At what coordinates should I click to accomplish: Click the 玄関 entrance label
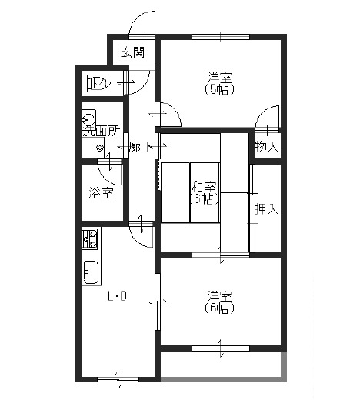click(x=133, y=52)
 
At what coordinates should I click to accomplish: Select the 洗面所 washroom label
click(x=102, y=132)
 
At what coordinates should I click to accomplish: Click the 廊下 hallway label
click(x=142, y=147)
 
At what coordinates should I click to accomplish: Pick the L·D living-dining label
click(x=117, y=296)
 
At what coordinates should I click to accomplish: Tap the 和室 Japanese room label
click(x=204, y=186)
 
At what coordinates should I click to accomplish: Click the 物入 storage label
click(x=267, y=147)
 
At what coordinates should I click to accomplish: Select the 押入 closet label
click(x=267, y=209)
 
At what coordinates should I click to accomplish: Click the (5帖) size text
click(x=219, y=89)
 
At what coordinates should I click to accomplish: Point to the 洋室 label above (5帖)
click(x=219, y=78)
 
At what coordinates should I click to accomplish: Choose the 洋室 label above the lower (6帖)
click(x=219, y=296)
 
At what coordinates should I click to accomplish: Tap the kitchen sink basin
click(x=91, y=272)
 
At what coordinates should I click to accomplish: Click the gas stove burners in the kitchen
click(x=89, y=239)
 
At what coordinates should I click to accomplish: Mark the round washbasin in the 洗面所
click(x=88, y=121)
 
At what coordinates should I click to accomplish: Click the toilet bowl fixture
click(x=87, y=83)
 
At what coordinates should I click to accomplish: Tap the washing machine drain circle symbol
click(x=100, y=148)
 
